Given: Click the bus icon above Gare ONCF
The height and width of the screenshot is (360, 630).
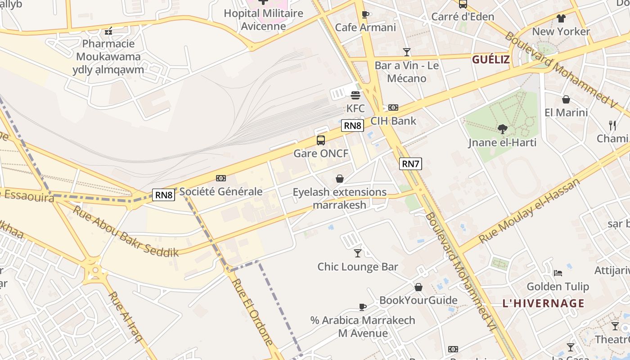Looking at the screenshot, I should [321, 140].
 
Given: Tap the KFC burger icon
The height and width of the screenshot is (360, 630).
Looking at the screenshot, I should [355, 95].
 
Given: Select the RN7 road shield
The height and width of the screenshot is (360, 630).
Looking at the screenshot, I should [410, 164].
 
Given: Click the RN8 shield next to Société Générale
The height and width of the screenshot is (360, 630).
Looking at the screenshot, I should [163, 195].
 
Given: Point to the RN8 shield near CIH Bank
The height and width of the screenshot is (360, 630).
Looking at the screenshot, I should [352, 126].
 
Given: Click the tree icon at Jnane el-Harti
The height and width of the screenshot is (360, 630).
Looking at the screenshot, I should [502, 129].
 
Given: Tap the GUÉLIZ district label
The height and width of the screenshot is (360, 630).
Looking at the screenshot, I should [491, 59].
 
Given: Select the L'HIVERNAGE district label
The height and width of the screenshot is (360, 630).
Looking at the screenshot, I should [543, 303].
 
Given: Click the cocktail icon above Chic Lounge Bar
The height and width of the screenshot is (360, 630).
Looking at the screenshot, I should [358, 253].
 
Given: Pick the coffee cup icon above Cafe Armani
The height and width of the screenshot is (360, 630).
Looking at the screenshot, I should [365, 14].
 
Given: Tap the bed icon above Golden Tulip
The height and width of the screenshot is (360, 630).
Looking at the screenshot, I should [558, 273].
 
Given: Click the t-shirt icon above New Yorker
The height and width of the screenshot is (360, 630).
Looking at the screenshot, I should [561, 18].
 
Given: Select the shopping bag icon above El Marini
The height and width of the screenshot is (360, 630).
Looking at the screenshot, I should [566, 99].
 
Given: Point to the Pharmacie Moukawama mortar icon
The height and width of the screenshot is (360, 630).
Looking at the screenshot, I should [108, 31].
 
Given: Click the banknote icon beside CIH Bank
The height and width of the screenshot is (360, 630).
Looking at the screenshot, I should [393, 108].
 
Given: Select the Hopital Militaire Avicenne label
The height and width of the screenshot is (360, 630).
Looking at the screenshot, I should [263, 19].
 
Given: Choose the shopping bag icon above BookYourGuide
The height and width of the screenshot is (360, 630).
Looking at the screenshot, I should [418, 287].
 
